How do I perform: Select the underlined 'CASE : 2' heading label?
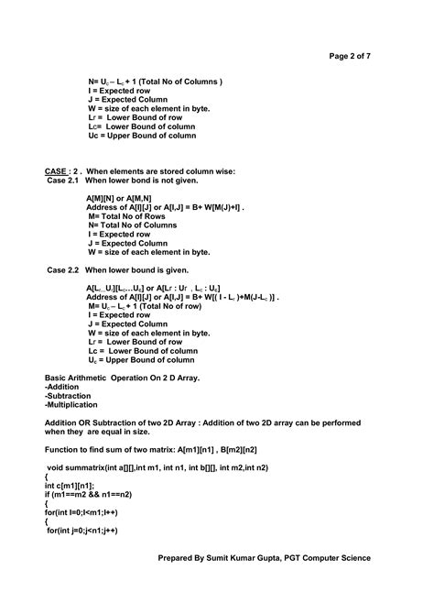62,171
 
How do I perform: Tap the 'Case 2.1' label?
63,181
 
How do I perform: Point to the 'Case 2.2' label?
63,270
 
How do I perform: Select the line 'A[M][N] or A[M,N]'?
119,198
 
